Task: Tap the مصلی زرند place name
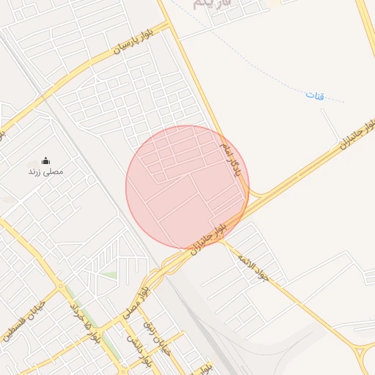point(45,171)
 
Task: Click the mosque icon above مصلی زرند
point(45,160)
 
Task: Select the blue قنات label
point(315,94)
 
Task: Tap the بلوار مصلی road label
point(136,302)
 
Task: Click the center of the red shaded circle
point(187,187)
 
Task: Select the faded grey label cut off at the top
point(212,4)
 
